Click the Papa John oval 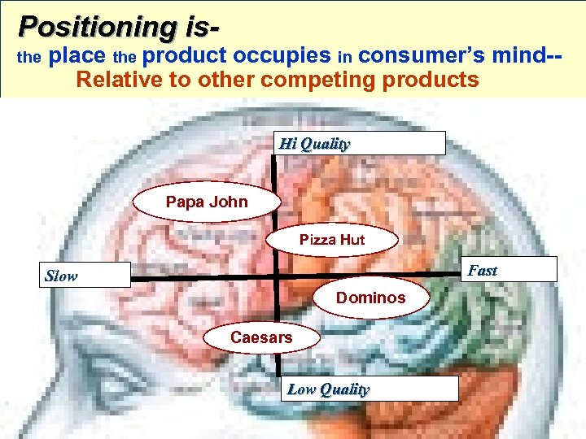[207, 202]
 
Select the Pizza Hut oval [332, 240]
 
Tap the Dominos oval [370, 298]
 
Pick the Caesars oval [261, 337]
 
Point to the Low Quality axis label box [370, 389]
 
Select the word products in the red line [429, 80]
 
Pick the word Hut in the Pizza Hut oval [352, 240]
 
